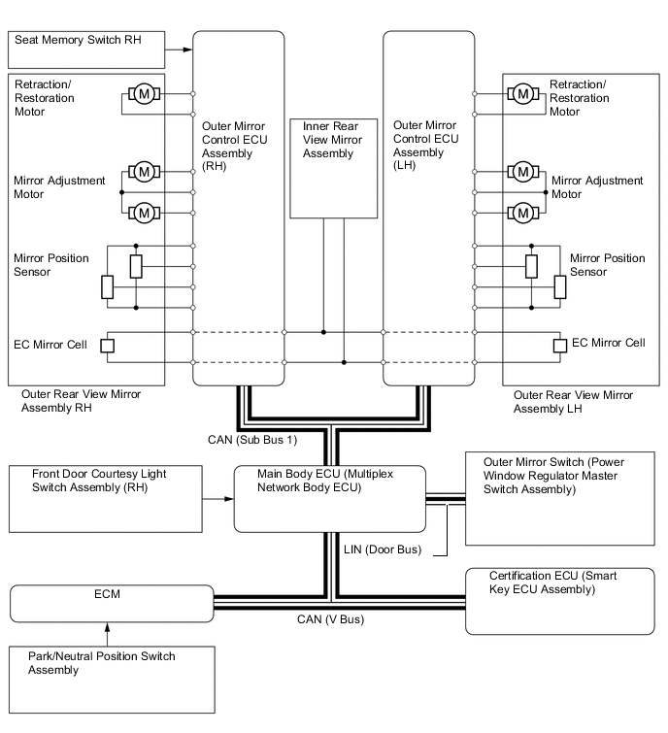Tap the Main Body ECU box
tap(330, 498)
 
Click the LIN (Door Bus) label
tap(383, 549)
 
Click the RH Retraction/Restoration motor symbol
tap(145, 94)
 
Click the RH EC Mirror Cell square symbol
tap(109, 346)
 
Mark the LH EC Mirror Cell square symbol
tap(559, 346)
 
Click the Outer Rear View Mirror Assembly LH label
tap(573, 402)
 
